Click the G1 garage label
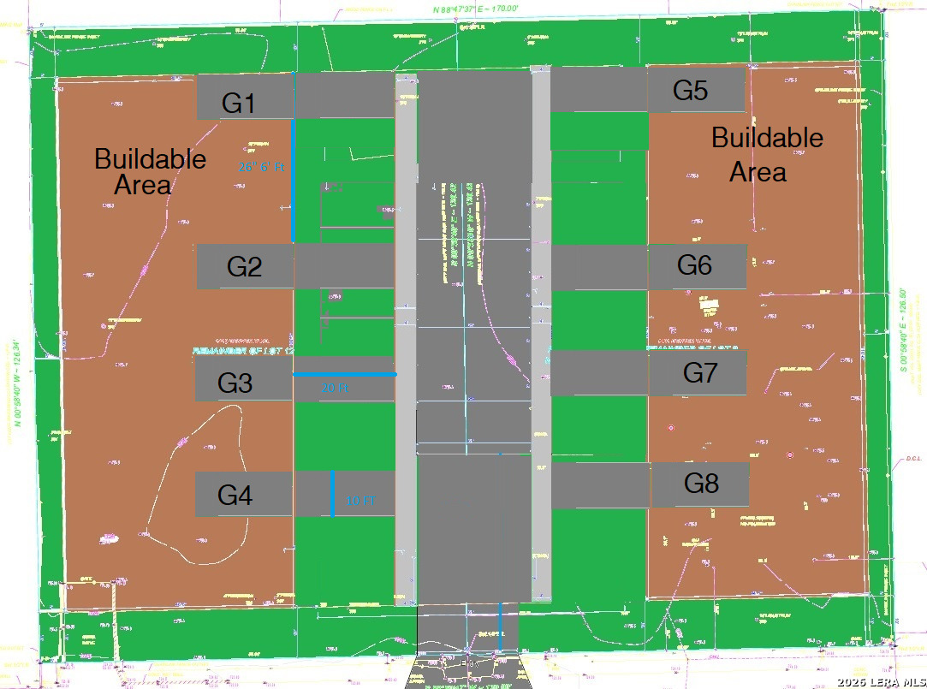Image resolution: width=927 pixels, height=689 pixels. coord(239,104)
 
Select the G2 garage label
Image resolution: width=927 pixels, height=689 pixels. coord(244,267)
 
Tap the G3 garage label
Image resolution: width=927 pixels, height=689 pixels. coord(235,383)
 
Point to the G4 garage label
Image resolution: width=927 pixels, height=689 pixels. coord(235,495)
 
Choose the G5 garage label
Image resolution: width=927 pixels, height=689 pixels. coord(690,91)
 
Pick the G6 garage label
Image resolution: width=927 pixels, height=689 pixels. coord(694,265)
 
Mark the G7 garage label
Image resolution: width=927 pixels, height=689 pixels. coord(700,373)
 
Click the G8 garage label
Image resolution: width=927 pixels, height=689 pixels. coord(701,484)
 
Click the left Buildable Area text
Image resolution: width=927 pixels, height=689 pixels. coord(150,171)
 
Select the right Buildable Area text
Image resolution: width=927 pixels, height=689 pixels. coord(767,154)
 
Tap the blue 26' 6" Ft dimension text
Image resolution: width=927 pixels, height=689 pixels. coord(260,168)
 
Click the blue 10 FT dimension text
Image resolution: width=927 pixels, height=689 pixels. coord(360,501)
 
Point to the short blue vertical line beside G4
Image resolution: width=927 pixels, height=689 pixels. coord(332,493)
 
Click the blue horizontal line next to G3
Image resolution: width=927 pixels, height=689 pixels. coord(344,374)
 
